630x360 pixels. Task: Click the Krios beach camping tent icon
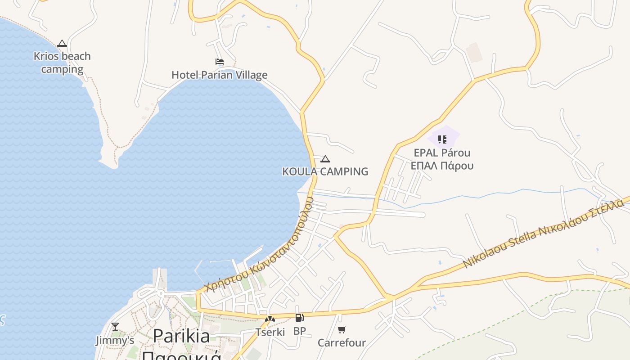(x=62, y=44)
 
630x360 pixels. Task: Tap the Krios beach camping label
(x=62, y=63)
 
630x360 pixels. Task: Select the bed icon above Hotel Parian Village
(x=220, y=62)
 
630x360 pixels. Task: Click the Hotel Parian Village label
(x=220, y=75)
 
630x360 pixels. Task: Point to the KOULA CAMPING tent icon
(x=325, y=159)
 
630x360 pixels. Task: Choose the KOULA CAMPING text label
(x=325, y=171)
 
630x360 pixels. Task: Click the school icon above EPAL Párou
(x=442, y=139)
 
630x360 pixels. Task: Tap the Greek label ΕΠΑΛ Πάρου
(x=442, y=166)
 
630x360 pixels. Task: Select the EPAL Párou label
(x=442, y=153)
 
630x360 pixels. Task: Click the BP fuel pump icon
(x=299, y=318)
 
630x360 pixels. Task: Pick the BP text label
(x=299, y=331)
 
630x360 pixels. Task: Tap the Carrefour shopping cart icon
(x=342, y=330)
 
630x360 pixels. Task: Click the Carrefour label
(x=342, y=343)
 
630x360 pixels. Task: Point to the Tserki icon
(x=270, y=319)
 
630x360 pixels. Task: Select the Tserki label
(x=270, y=332)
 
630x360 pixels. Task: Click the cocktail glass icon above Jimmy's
(x=115, y=327)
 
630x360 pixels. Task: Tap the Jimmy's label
(x=115, y=340)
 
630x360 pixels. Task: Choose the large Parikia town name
(x=181, y=336)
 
